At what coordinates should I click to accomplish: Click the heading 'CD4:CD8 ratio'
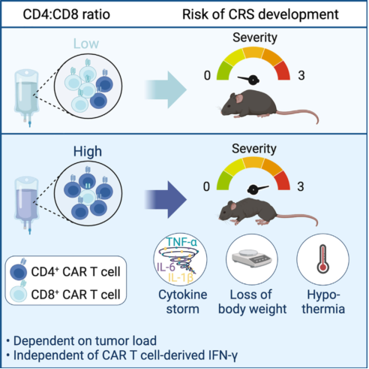(67, 14)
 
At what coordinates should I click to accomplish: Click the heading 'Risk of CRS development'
(260, 14)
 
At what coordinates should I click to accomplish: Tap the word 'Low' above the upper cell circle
(86, 44)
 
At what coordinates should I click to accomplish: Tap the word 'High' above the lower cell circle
(88, 151)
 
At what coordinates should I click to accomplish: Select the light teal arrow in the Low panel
(166, 90)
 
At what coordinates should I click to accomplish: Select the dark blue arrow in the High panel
(166, 200)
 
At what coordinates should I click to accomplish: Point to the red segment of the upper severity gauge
(283, 71)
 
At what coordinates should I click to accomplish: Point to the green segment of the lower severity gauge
(223, 180)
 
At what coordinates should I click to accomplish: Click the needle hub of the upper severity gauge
(253, 80)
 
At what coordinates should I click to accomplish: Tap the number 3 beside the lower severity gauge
(301, 186)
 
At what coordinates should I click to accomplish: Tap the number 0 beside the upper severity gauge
(207, 76)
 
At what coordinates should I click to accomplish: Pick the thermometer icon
(322, 259)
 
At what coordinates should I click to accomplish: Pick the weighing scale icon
(252, 259)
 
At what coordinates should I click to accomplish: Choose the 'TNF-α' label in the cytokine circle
(181, 242)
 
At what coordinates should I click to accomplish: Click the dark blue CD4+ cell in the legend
(19, 271)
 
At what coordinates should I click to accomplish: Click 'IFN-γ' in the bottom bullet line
(223, 355)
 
